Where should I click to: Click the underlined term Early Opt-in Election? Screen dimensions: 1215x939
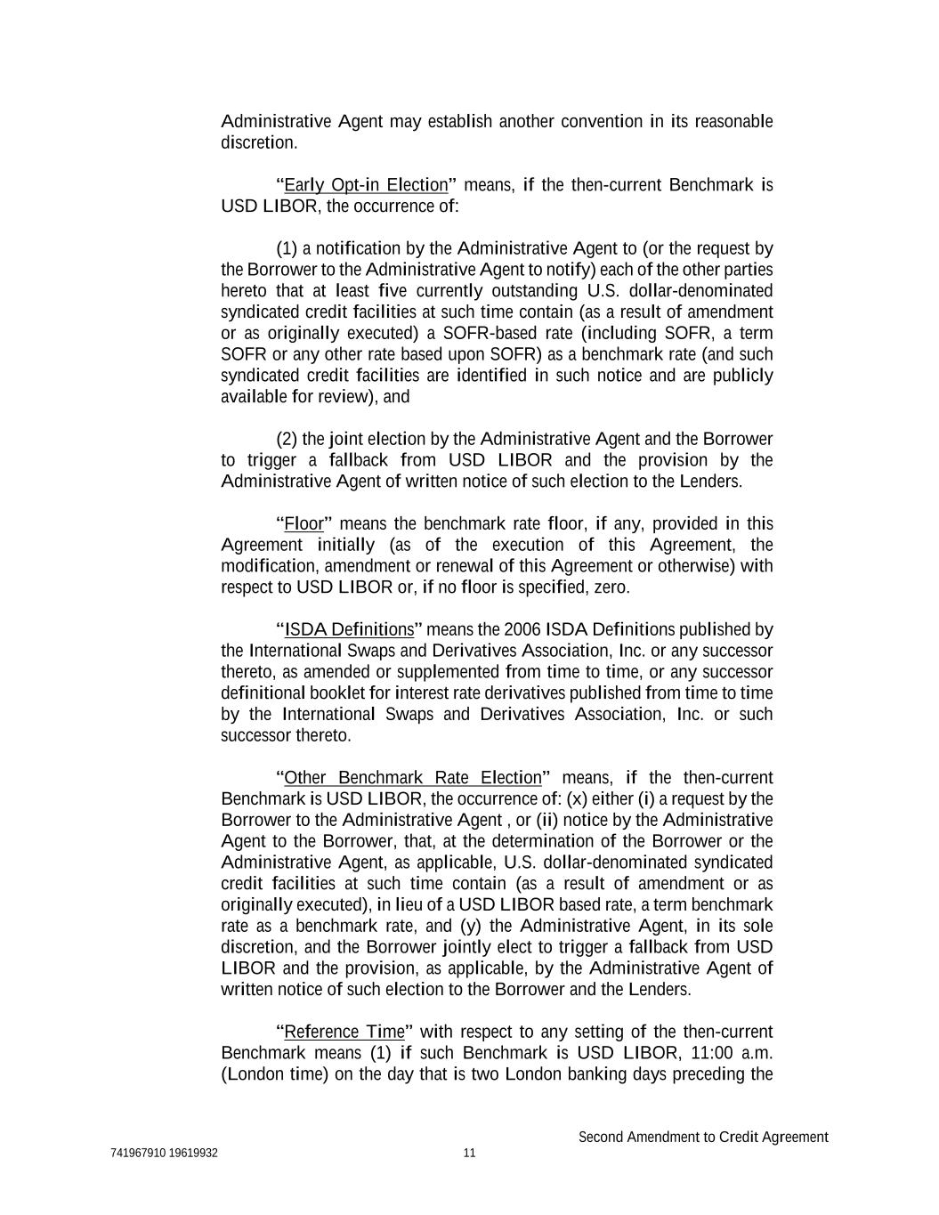365,185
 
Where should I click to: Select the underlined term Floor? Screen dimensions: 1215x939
304,523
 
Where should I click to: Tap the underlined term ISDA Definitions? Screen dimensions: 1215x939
349,629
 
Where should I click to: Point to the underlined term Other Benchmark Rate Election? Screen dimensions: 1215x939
412,778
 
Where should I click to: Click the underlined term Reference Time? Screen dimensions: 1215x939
344,1032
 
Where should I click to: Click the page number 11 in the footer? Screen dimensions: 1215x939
470,1154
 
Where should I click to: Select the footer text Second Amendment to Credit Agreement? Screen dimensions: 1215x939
703,1137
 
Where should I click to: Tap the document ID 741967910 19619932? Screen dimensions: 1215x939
165,1154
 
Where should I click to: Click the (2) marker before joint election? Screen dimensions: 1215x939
287,439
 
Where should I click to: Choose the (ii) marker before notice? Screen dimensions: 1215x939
546,820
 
